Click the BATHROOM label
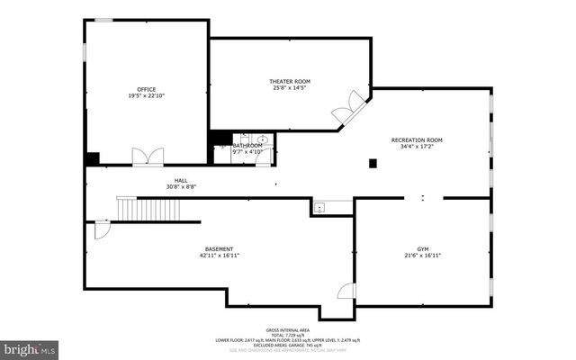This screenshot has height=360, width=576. coord(247,145)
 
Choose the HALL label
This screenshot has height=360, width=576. coord(181,180)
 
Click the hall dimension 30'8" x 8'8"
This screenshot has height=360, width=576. coord(181,186)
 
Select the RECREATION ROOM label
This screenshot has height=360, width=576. coord(417,139)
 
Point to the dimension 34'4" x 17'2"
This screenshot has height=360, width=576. coord(417,146)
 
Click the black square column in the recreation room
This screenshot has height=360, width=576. coord(371,163)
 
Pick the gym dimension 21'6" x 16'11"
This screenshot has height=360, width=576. coord(423,255)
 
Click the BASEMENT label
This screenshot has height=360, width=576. coord(219,248)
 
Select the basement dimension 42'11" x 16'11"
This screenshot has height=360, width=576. coord(219,255)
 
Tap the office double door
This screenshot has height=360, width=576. coord(148,157)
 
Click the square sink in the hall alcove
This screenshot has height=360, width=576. coord(319,207)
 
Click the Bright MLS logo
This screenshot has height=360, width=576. coord(30,347)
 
